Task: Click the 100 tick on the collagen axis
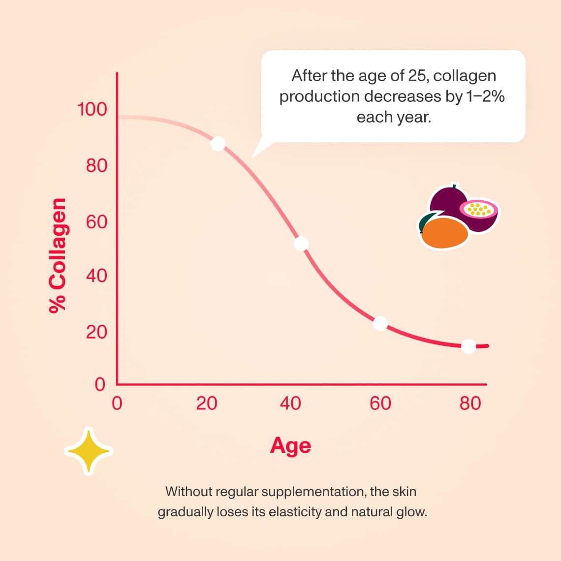pyautogui.click(x=92, y=109)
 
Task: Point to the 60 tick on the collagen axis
pyautogui.click(x=96, y=222)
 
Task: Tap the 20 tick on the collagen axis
pyautogui.click(x=96, y=332)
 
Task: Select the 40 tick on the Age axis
pyautogui.click(x=290, y=404)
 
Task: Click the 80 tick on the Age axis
pyautogui.click(x=470, y=404)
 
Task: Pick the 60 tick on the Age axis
pyautogui.click(x=380, y=404)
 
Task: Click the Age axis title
pyautogui.click(x=290, y=446)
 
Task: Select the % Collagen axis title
pyautogui.click(x=58, y=255)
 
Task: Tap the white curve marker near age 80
pyautogui.click(x=468, y=346)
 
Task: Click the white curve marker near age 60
pyautogui.click(x=380, y=323)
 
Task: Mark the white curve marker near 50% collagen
pyautogui.click(x=301, y=244)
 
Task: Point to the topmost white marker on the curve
pyautogui.click(x=218, y=144)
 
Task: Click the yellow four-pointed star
pyautogui.click(x=89, y=451)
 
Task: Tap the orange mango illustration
pyautogui.click(x=444, y=232)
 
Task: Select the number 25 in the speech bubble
pyautogui.click(x=418, y=76)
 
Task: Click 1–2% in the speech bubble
pyautogui.click(x=485, y=96)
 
